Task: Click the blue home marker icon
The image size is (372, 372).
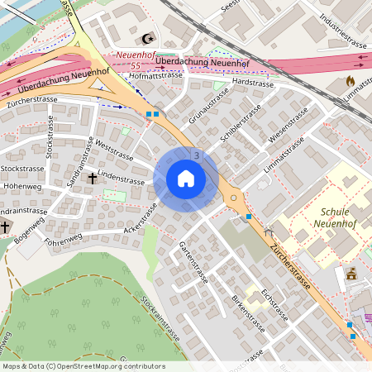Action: click(186, 179)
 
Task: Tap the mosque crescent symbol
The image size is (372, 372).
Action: click(150, 39)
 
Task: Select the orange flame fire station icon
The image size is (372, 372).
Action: click(351, 81)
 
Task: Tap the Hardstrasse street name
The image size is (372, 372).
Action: click(253, 83)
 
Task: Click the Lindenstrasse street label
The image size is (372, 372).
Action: click(121, 177)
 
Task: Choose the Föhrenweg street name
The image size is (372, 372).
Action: click(64, 239)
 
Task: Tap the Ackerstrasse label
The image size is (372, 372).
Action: click(140, 218)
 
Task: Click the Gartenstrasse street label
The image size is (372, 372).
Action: click(193, 262)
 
